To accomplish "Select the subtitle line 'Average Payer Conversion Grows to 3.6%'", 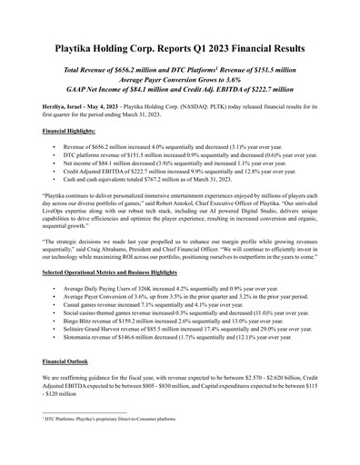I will click(x=180, y=79).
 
